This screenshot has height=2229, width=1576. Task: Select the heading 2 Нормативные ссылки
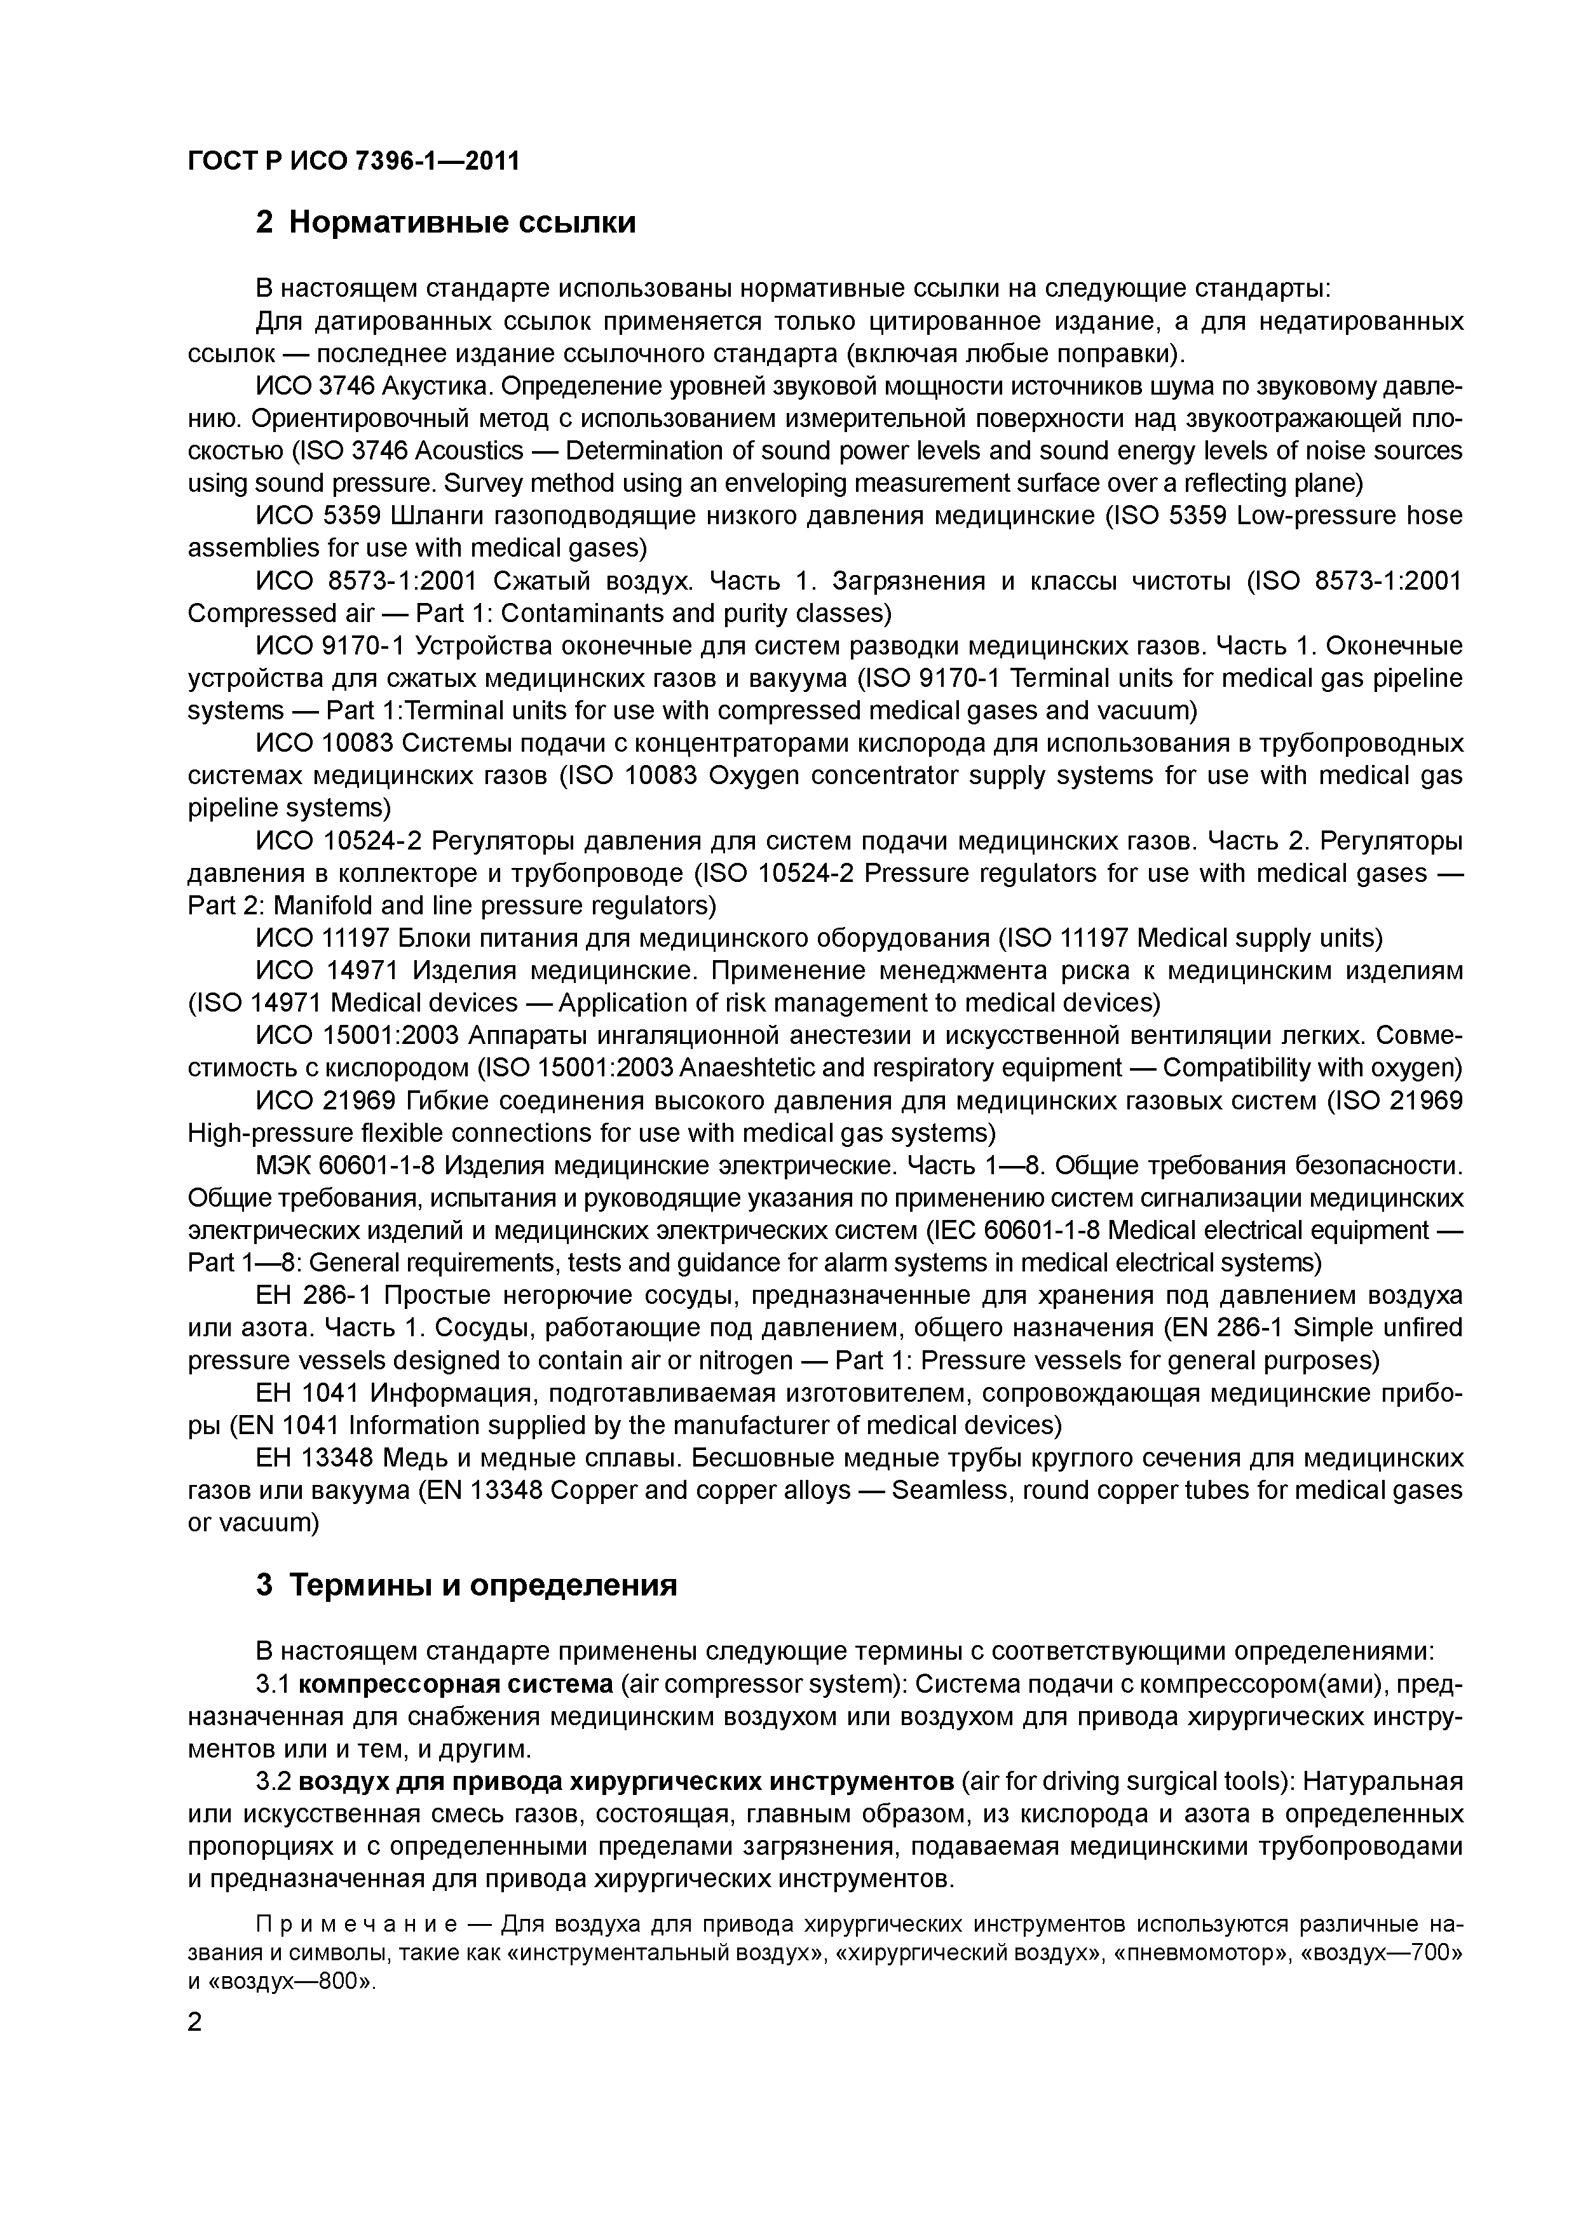click(x=445, y=223)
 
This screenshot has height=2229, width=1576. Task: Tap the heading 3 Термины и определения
click(x=466, y=1585)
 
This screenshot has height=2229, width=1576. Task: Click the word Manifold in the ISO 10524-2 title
click(x=322, y=906)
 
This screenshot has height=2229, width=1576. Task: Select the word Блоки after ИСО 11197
click(x=437, y=938)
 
